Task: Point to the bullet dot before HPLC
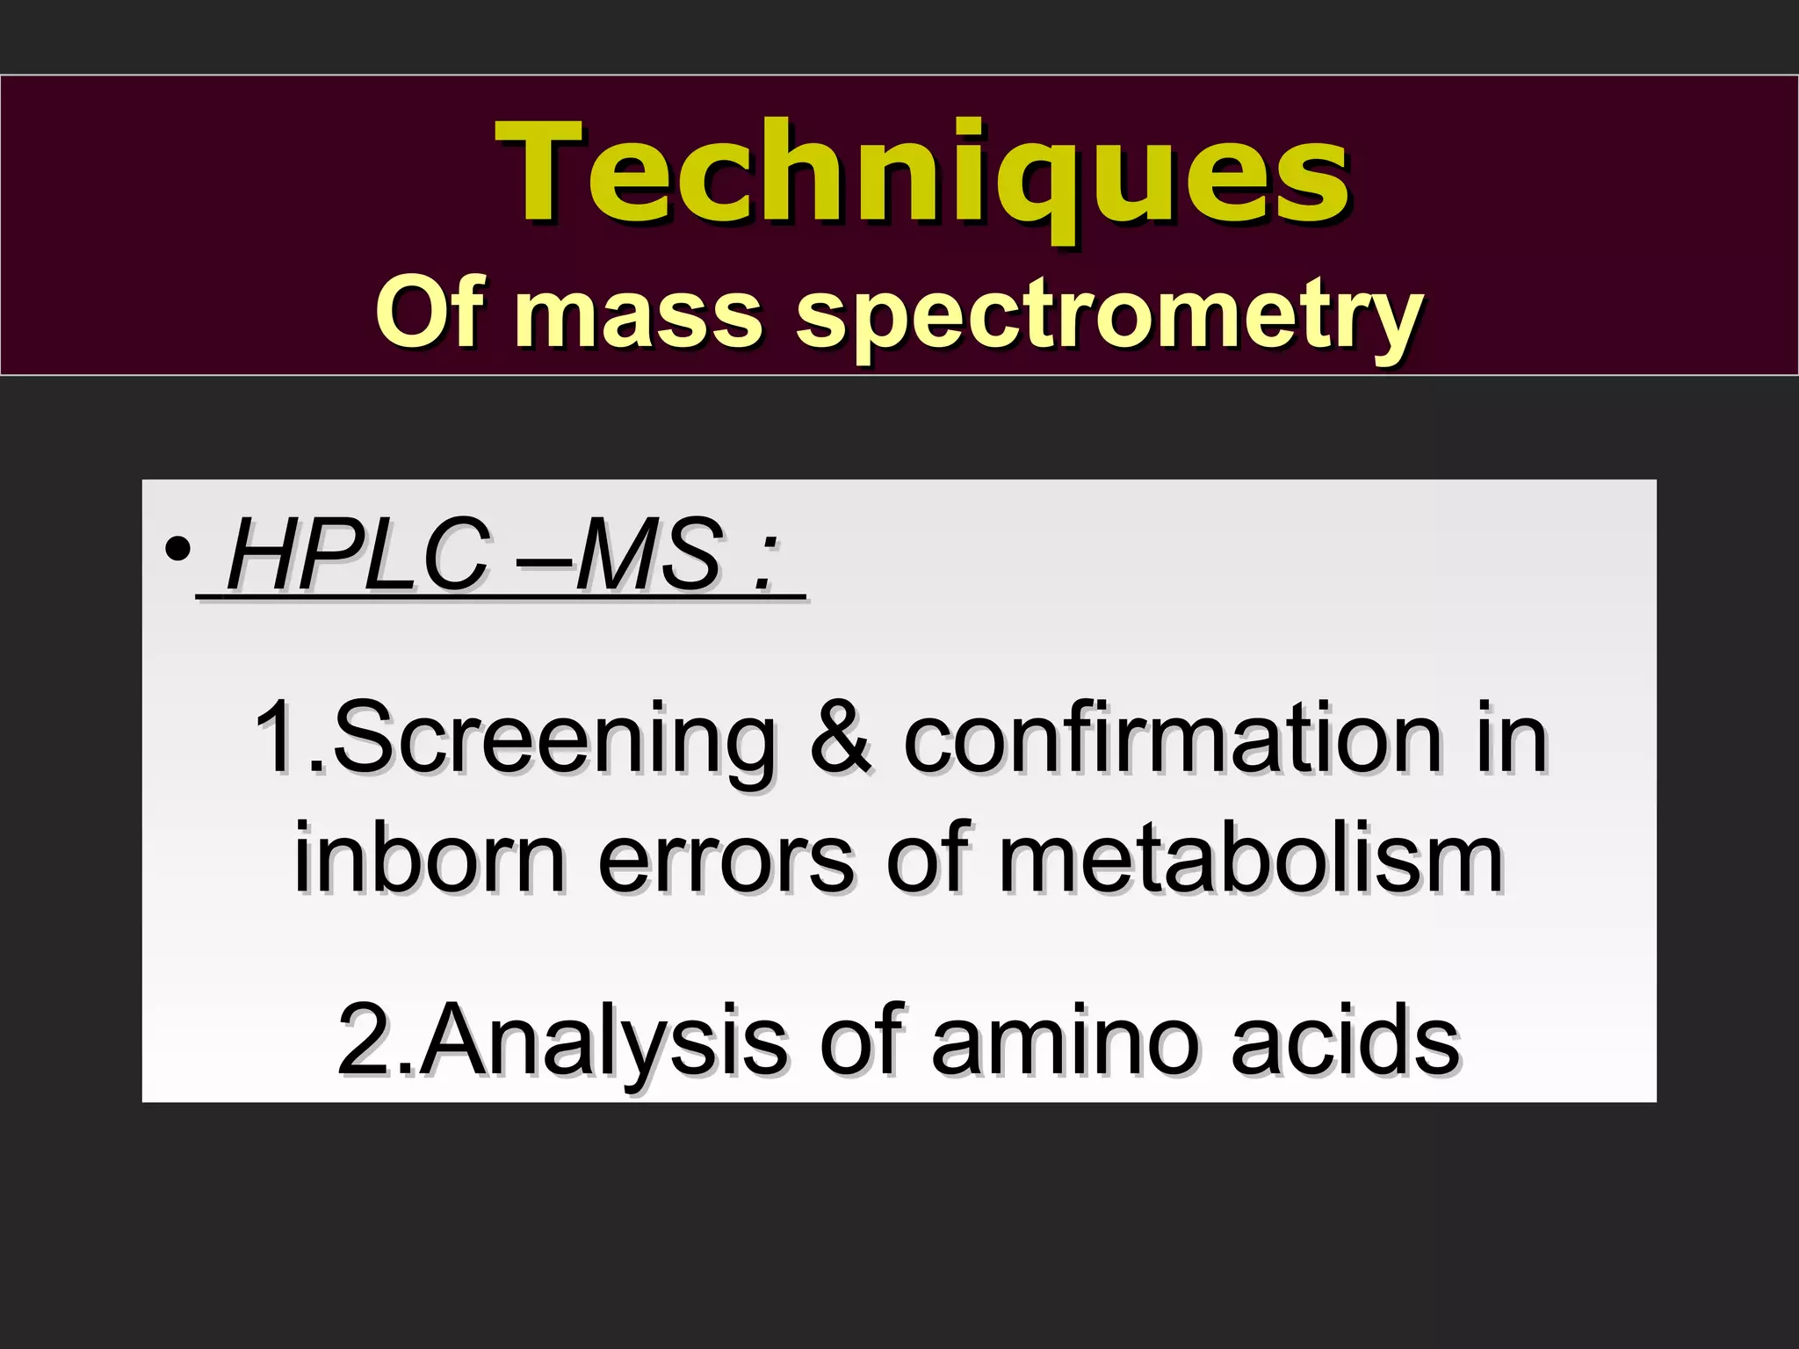click(x=178, y=551)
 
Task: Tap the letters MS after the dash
click(x=650, y=555)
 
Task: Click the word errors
click(x=726, y=861)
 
